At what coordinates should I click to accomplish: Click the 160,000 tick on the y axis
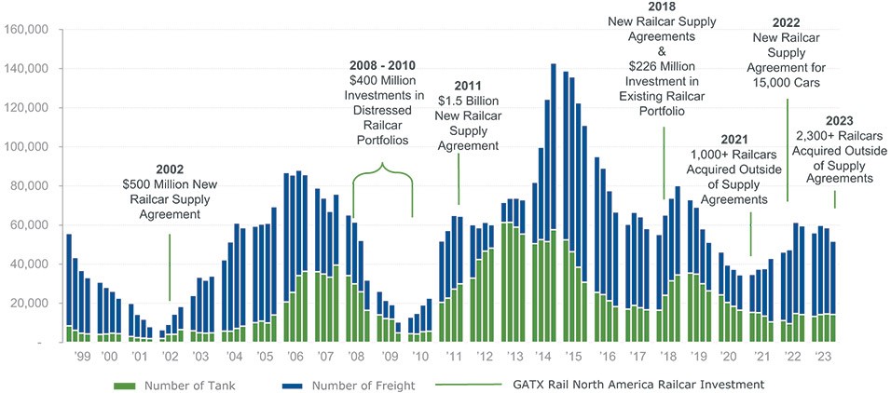(x=28, y=30)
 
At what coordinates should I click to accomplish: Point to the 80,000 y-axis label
(x=31, y=186)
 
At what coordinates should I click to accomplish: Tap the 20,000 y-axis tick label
(x=31, y=304)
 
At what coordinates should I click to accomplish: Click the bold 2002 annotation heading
(x=170, y=169)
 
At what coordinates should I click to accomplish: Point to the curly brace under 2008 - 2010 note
(x=383, y=170)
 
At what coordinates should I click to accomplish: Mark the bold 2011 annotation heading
(x=467, y=87)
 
